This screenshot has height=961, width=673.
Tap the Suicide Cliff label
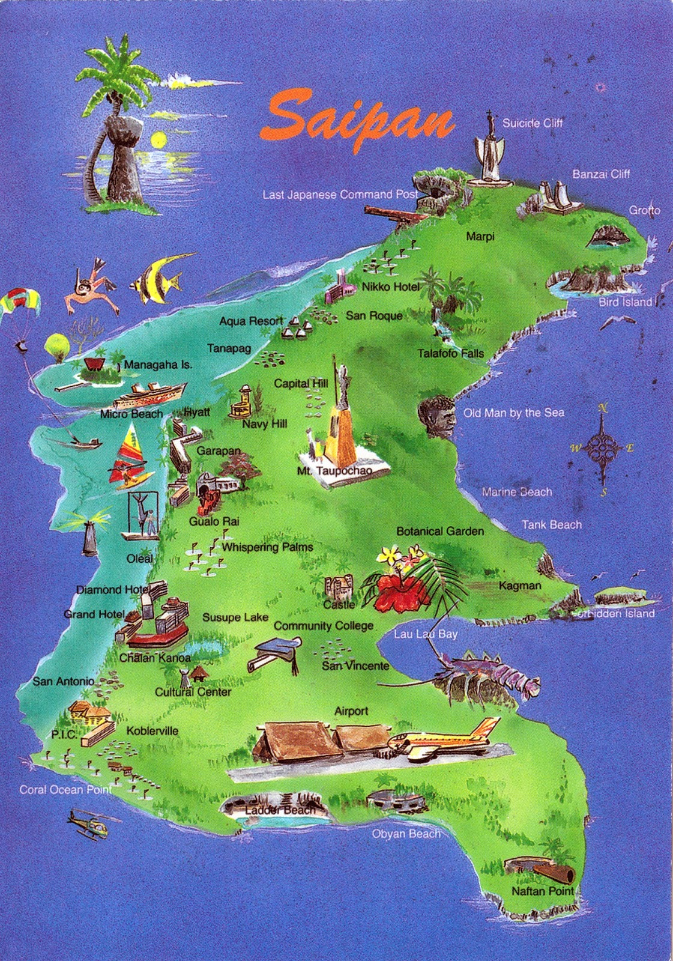click(532, 123)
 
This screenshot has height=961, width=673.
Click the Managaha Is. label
click(158, 365)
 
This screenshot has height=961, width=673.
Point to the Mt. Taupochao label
click(334, 471)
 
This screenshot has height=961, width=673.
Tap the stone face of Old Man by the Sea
click(437, 414)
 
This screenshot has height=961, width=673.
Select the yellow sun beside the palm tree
click(158, 141)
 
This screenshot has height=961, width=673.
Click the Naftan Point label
click(542, 891)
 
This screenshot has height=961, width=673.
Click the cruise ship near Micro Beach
click(147, 395)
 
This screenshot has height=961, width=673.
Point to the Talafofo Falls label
click(450, 354)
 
